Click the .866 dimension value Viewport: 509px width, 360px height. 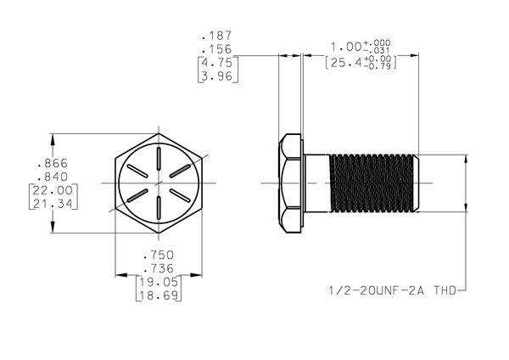coord(53,163)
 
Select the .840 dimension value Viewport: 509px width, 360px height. coord(53,177)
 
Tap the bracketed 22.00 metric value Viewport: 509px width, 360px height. coord(53,190)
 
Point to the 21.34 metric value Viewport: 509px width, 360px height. coord(53,204)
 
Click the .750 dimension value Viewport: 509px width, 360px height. coord(159,255)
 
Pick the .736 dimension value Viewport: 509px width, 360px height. coord(159,268)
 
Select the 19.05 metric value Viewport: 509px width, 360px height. coord(159,282)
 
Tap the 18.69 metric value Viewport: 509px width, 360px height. coord(159,295)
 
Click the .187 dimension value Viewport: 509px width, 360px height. coord(217,36)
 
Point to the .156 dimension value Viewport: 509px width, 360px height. coord(217,49)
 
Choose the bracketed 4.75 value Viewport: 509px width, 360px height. coord(217,62)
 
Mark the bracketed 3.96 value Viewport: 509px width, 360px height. coord(217,76)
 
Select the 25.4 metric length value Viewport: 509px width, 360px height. coord(346,62)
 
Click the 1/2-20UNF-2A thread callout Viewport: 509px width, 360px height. coord(377,290)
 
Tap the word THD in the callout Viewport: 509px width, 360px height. coord(445,290)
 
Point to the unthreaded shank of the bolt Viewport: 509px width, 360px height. coord(317,183)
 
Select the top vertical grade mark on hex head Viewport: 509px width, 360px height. coord(159,158)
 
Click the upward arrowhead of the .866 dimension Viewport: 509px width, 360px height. coord(53,140)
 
